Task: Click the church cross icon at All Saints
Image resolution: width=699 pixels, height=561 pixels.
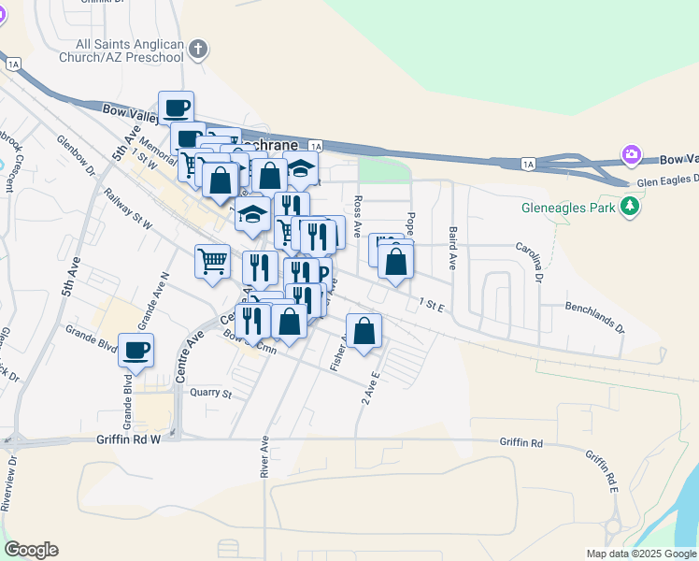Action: click(x=197, y=50)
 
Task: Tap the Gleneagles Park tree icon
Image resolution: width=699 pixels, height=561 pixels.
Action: click(x=631, y=205)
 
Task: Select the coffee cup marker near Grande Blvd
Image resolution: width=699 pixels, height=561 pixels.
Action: click(x=136, y=351)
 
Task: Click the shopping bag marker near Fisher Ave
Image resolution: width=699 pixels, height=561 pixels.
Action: click(x=365, y=330)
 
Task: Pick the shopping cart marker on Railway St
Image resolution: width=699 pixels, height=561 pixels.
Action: click(x=213, y=260)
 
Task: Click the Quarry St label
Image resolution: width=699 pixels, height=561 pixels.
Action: click(x=210, y=394)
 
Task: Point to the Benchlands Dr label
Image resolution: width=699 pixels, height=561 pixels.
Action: click(x=594, y=318)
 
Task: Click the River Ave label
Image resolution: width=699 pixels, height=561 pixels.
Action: click(x=264, y=457)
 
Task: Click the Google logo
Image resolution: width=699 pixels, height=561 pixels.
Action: click(x=31, y=550)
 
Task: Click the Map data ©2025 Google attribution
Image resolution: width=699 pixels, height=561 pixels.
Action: click(x=640, y=554)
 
